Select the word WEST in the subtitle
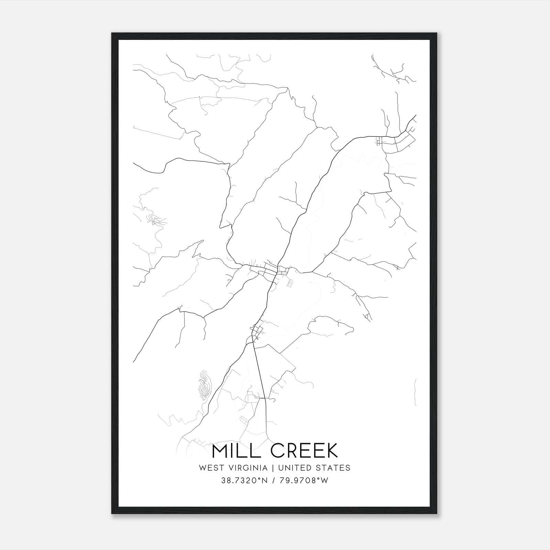pyautogui.click(x=211, y=468)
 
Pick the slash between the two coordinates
pyautogui.click(x=274, y=481)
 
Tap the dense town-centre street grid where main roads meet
pyautogui.click(x=275, y=270)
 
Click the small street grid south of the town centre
pyautogui.click(x=257, y=331)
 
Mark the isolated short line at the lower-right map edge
pyautogui.click(x=415, y=392)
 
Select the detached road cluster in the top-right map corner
pyautogui.click(x=394, y=70)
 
